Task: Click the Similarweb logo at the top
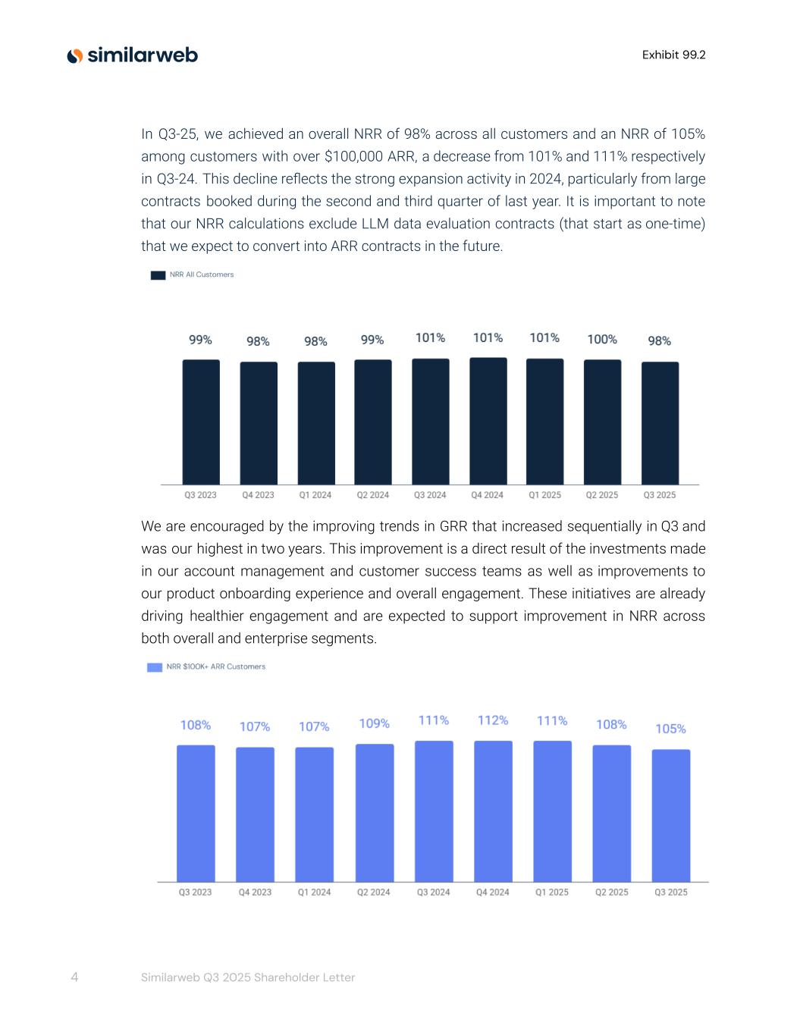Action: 133,55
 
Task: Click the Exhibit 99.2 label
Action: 673,55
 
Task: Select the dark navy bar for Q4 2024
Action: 488,421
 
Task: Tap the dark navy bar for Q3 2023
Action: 201,422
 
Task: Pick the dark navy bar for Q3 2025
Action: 660,423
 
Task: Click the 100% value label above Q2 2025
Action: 602,339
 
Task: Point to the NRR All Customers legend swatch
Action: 158,275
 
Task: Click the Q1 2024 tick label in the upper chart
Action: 315,495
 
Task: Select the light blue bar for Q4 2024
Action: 493,811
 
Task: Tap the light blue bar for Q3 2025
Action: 671,815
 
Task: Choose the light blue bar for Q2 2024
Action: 375,812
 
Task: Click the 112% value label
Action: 493,720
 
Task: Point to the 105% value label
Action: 670,729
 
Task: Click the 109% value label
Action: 374,723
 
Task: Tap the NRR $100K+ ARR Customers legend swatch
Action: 155,667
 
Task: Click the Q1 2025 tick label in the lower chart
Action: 552,892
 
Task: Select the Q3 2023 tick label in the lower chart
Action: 195,892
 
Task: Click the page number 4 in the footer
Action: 74,977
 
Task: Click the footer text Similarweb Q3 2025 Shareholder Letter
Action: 248,977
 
